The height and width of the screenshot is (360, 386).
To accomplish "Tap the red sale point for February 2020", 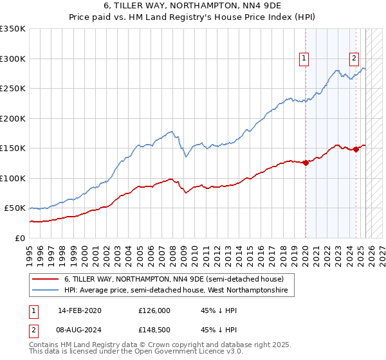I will (306, 163).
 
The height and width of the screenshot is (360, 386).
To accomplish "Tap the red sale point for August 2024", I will (356, 149).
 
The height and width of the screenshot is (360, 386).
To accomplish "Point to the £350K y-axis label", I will (12, 29).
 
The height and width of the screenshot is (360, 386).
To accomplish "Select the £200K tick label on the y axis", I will (12, 118).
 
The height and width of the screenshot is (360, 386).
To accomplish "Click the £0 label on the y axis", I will (20, 238).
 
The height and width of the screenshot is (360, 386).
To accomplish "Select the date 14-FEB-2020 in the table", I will (79, 310).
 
